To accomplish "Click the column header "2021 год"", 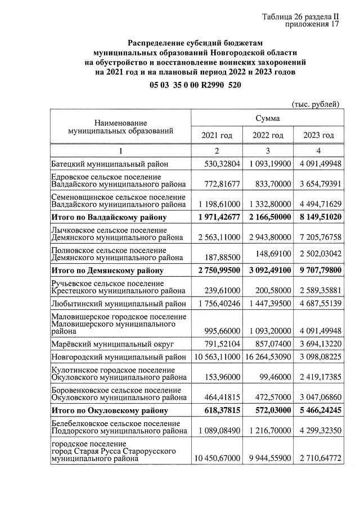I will point(217,135).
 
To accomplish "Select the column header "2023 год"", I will point(318,135).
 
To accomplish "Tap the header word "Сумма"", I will point(267,118).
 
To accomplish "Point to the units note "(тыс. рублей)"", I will point(315,104).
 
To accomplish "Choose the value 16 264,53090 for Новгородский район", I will point(268,357).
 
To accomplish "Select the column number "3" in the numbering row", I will point(268,150).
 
